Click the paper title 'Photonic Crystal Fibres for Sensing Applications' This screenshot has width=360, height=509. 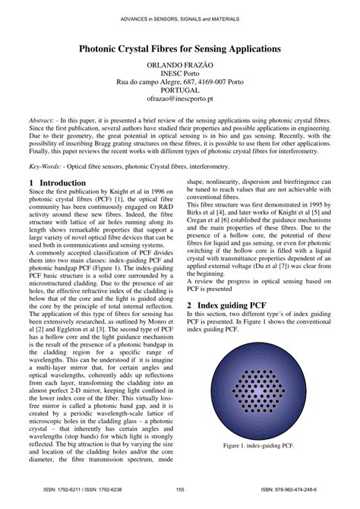pos(180,48)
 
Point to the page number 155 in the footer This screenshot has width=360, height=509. pos(180,490)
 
